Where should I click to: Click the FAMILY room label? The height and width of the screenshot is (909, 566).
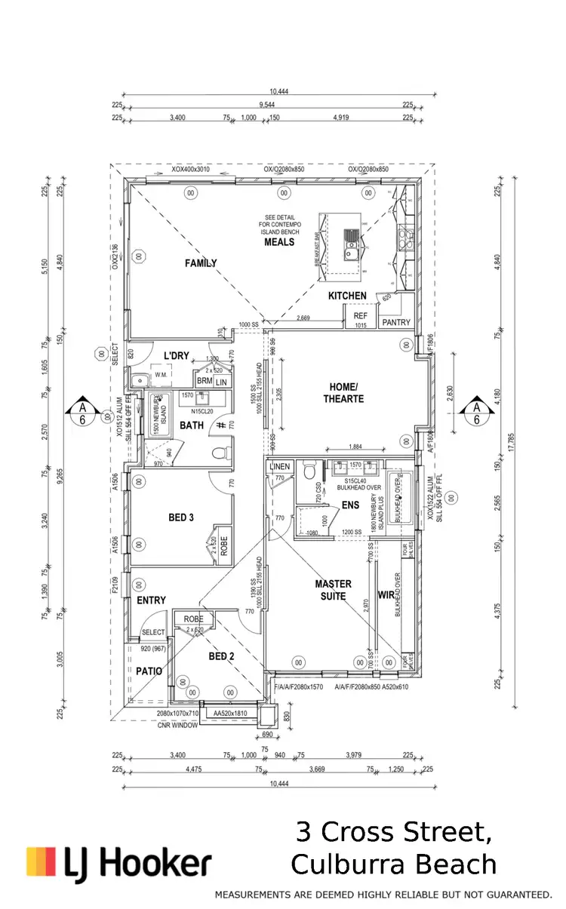(x=201, y=263)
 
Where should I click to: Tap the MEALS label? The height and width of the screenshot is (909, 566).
(x=279, y=242)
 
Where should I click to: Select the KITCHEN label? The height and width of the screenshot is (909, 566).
(x=347, y=296)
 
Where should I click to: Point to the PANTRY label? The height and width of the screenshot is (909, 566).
(x=396, y=323)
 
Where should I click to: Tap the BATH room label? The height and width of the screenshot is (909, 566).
(x=192, y=426)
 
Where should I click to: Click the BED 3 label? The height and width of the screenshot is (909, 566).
(x=182, y=517)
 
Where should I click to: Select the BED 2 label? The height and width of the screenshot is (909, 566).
(x=221, y=656)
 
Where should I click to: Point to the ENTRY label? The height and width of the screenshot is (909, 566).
(x=151, y=600)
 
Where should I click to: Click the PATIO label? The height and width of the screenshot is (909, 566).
(x=149, y=671)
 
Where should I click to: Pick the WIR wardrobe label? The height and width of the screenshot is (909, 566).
(x=386, y=594)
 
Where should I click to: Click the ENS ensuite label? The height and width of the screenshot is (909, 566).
(x=351, y=505)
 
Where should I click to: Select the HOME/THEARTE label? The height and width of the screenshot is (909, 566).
(x=344, y=393)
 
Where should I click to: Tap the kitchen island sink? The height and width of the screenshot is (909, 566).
(x=352, y=244)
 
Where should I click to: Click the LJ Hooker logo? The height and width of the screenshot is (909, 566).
(x=118, y=863)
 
